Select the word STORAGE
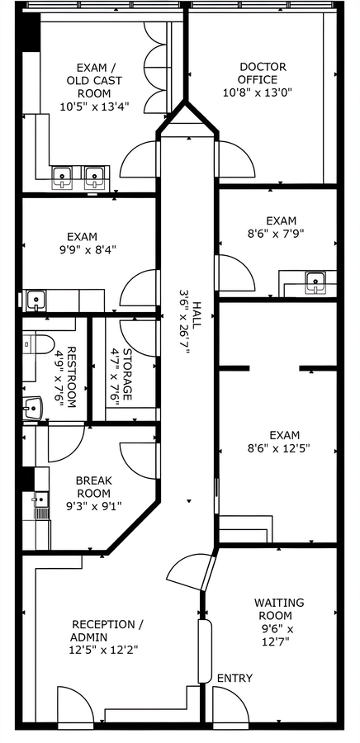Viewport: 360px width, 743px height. [x=127, y=375]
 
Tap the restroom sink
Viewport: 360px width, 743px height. [x=33, y=406]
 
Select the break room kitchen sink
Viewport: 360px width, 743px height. [x=38, y=499]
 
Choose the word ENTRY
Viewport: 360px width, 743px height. [x=234, y=678]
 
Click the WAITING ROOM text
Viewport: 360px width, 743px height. [x=279, y=609]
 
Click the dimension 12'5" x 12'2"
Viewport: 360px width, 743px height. [x=104, y=650]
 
